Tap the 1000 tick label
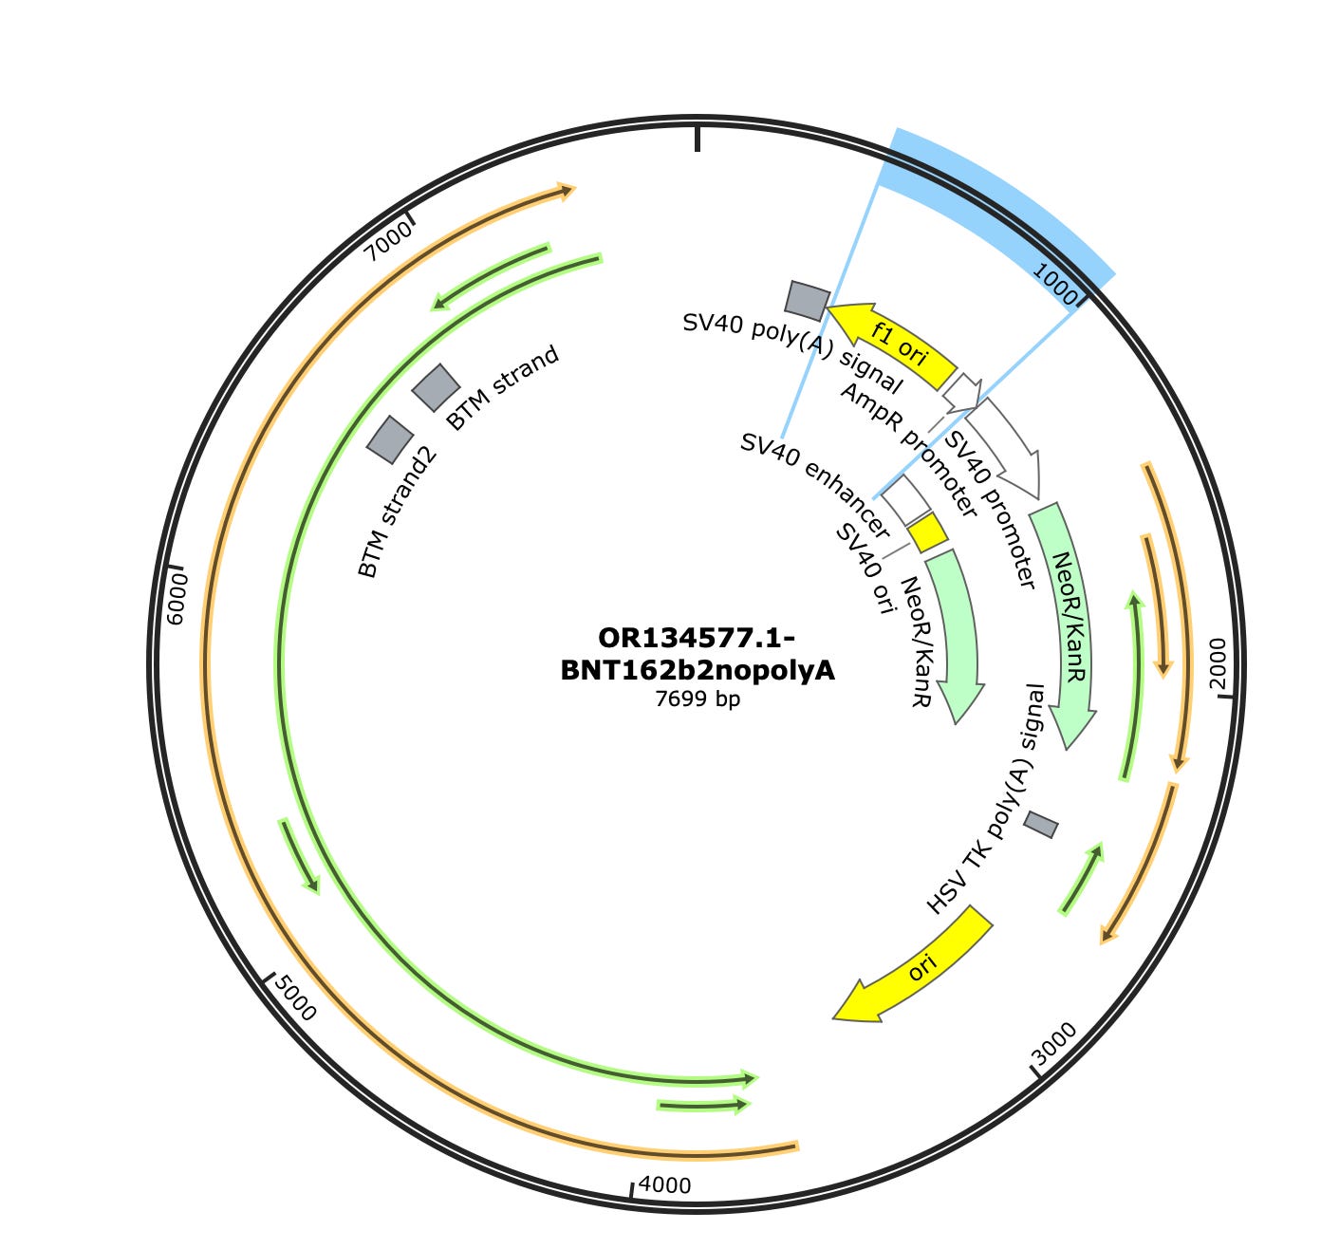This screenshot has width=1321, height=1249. pos(1053,280)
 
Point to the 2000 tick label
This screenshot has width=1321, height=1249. pos(1218,663)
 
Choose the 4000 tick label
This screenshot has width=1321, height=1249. pos(664,1184)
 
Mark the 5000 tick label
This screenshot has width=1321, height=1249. pos(294,997)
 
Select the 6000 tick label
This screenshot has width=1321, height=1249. pos(177,599)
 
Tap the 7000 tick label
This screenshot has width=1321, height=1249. pos(389,238)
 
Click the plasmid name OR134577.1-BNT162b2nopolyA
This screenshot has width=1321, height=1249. pos(698,653)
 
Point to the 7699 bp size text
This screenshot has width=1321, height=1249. pos(698,699)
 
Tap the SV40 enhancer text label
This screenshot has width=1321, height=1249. pos(814,485)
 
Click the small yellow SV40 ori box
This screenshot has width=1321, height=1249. pos(927,533)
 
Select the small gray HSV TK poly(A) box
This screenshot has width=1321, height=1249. pos(1040,825)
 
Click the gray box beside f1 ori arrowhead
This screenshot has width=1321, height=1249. pos(807,300)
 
